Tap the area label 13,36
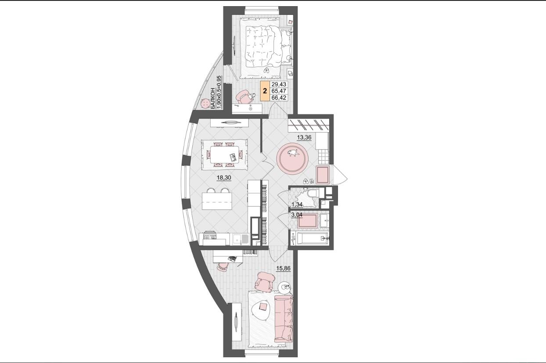pyautogui.click(x=304, y=137)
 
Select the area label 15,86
pyautogui.click(x=284, y=269)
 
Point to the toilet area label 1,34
pyautogui.click(x=297, y=204)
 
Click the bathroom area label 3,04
pyautogui.click(x=297, y=215)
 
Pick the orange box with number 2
pyautogui.click(x=265, y=91)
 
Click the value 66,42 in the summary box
pyautogui.click(x=279, y=98)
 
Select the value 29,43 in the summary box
pyautogui.click(x=279, y=84)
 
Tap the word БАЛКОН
pyautogui.click(x=213, y=98)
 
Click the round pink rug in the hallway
pyautogui.click(x=292, y=159)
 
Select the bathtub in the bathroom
pyautogui.click(x=313, y=238)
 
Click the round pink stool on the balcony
pyautogui.click(x=205, y=104)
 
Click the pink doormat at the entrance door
pyautogui.click(x=323, y=175)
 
